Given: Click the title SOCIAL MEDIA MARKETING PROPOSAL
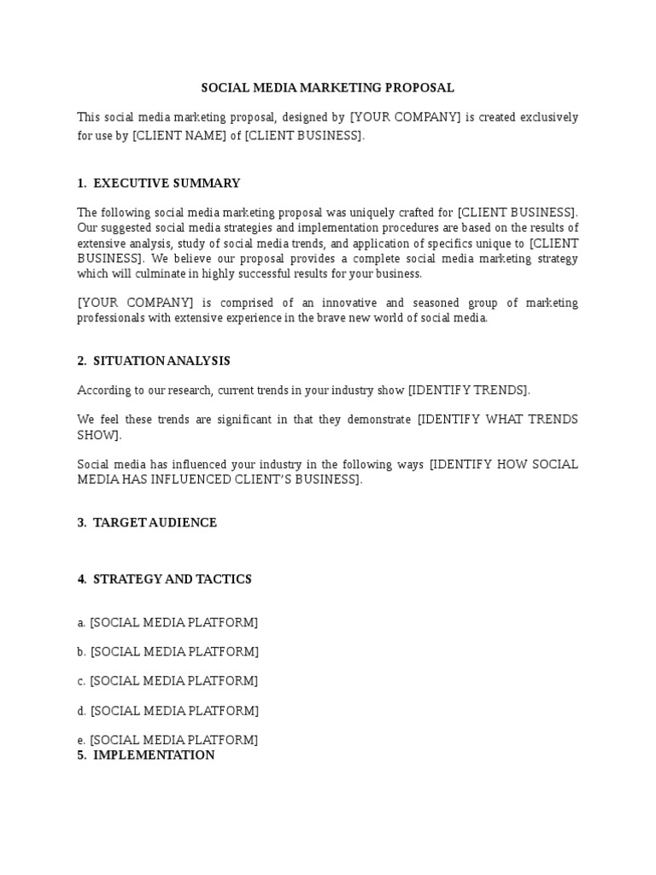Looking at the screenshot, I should (x=327, y=88).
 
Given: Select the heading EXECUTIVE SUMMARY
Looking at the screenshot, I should (x=167, y=183).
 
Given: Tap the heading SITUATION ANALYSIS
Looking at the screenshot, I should (x=161, y=361).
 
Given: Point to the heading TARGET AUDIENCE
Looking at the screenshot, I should (x=155, y=522).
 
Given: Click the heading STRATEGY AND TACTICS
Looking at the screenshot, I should (x=172, y=579).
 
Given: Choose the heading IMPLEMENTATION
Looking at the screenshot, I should (x=154, y=755).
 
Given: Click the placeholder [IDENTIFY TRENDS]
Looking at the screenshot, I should (x=469, y=391).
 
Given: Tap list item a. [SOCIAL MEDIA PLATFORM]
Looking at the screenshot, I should (x=167, y=623).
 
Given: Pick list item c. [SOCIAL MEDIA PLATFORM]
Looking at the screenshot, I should (x=167, y=681).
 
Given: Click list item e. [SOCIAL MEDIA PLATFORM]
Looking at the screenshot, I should (x=167, y=740).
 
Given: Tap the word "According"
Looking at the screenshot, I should (x=104, y=391).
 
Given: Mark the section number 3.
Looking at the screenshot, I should (x=81, y=522).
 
